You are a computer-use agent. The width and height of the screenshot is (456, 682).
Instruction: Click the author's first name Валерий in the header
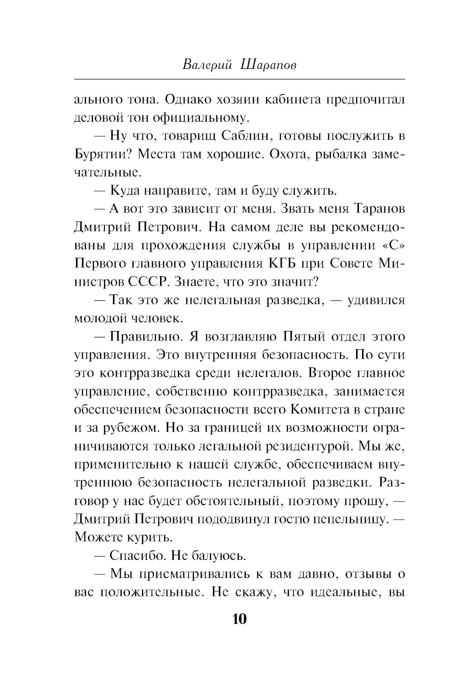pyautogui.click(x=206, y=64)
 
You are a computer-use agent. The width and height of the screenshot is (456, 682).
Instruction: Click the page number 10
pyautogui.click(x=239, y=619)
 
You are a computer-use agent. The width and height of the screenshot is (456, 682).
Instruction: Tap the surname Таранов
pyautogui.click(x=378, y=209)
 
